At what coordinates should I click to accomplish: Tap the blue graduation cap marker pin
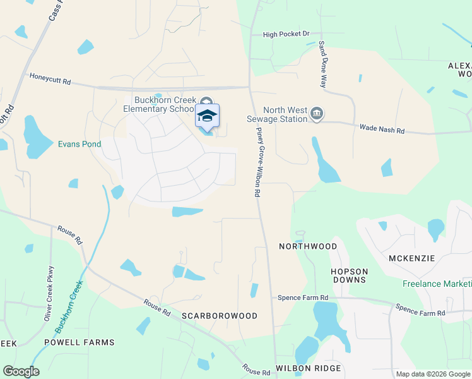(207, 116)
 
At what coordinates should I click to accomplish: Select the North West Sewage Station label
(276, 114)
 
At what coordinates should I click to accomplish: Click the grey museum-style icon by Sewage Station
(317, 114)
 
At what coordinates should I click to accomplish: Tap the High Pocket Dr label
(286, 34)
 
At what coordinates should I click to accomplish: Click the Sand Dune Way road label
(323, 64)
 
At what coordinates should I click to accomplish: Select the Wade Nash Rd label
(382, 129)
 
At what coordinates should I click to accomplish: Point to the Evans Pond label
(80, 144)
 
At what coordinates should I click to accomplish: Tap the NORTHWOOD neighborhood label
(308, 246)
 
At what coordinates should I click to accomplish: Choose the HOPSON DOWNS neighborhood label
(349, 275)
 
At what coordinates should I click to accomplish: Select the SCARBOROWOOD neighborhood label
(220, 316)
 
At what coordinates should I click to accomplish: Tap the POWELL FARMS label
(80, 342)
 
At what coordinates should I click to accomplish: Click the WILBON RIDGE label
(308, 368)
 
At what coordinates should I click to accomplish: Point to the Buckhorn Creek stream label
(69, 307)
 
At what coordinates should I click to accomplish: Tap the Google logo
(21, 371)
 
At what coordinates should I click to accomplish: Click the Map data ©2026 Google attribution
(432, 374)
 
